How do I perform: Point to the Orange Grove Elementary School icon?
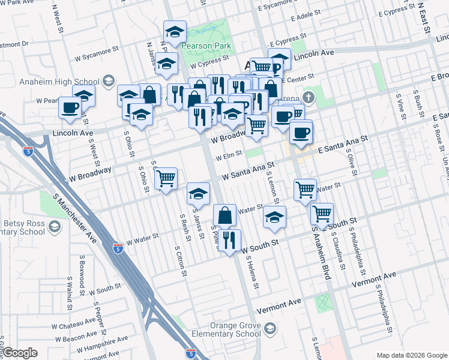tap(270, 328)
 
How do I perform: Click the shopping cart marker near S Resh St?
tap(166, 178)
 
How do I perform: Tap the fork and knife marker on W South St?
tap(229, 240)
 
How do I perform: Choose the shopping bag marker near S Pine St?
tap(224, 215)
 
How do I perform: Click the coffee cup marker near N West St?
tap(70, 107)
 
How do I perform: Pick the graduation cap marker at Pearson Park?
tap(175, 32)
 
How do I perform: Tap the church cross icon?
tap(308, 97)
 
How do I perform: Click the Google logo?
tap(20, 353)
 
